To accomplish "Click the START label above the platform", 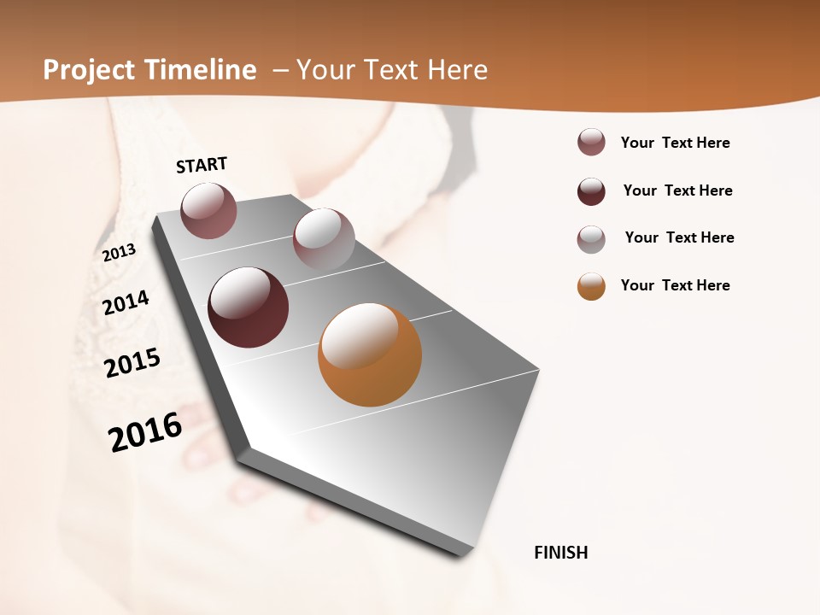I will click(202, 164).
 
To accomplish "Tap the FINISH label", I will click(561, 553).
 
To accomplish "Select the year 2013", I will click(119, 253).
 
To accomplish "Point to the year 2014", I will click(126, 303).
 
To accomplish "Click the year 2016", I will click(145, 432).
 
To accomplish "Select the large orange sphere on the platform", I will click(370, 354).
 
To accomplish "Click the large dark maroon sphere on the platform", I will click(248, 307).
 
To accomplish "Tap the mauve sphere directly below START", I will click(208, 210).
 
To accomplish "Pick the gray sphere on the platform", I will click(324, 239).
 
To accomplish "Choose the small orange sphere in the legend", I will click(591, 286).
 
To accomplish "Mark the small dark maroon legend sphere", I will click(591, 191).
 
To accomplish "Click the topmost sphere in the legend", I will click(591, 143).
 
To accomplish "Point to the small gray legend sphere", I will click(591, 239).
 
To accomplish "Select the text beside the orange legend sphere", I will click(675, 285).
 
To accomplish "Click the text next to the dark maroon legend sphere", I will click(677, 190).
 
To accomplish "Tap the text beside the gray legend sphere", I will click(679, 237).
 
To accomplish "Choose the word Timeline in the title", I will click(201, 70).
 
